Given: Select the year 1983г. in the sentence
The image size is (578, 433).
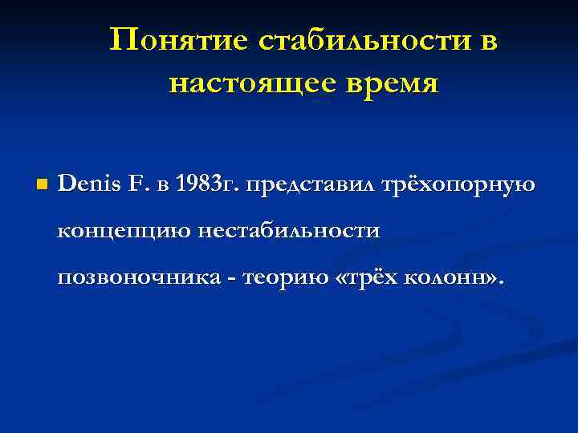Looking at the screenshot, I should (206, 185).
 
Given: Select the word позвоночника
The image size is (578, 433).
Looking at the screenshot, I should (134, 277).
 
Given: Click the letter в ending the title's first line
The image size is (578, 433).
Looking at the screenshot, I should (487, 41).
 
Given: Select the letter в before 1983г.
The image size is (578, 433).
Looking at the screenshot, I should (163, 187).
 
